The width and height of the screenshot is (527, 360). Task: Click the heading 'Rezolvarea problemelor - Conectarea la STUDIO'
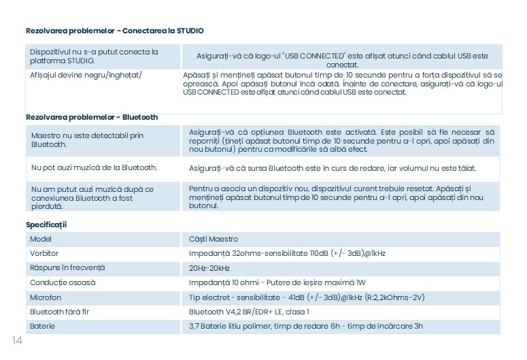click(114, 31)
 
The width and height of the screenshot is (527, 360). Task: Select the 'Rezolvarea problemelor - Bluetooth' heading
click(92, 117)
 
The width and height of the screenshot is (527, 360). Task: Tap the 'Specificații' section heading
click(46, 225)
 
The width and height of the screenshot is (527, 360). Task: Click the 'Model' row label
click(41, 239)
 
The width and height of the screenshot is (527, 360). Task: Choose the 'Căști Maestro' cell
click(214, 239)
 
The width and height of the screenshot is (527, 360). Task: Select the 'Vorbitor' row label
click(44, 253)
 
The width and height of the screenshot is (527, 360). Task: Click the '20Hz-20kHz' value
click(209, 268)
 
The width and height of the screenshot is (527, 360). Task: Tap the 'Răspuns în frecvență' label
click(67, 268)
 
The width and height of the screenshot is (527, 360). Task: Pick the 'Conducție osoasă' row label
click(63, 282)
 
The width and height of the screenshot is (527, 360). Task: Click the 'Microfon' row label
click(46, 297)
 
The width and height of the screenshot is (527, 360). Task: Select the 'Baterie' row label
click(42, 326)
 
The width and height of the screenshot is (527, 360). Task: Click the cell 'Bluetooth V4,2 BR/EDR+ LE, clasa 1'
click(249, 312)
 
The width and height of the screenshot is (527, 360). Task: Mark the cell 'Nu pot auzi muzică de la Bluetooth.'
click(94, 167)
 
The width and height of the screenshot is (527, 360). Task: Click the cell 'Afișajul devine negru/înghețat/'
click(86, 74)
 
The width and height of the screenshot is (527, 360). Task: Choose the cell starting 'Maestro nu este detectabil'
click(87, 140)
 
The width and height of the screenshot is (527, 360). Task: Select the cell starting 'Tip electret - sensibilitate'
click(307, 297)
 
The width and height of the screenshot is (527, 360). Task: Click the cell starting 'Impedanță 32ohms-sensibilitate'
click(287, 253)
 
